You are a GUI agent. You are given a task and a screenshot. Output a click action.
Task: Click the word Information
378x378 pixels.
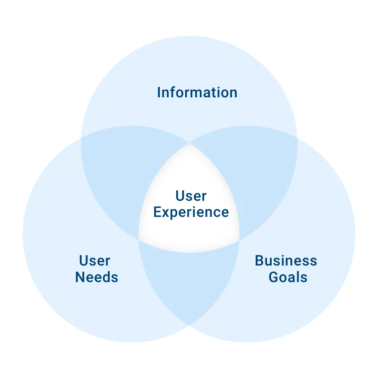tap(197, 92)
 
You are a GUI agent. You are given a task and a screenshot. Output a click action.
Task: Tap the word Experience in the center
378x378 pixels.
tap(191, 212)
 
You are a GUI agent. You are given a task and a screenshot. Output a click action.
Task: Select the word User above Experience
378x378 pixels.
tap(191, 196)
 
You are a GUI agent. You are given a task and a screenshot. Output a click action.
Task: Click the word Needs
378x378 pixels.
tap(96, 277)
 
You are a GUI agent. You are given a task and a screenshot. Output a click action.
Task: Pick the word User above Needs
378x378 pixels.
tap(94, 260)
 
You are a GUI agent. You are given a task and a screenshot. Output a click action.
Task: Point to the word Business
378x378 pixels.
tap(286, 260)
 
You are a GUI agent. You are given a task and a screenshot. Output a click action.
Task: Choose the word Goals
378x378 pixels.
tap(288, 277)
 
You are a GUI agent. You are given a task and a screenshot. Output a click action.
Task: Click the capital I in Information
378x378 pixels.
tap(159, 92)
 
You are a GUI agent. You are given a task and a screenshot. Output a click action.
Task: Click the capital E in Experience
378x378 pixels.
tap(157, 212)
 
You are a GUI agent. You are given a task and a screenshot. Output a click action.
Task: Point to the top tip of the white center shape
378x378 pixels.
tap(189, 142)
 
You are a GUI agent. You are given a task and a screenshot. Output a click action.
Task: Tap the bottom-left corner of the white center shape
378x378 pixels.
tap(138, 240)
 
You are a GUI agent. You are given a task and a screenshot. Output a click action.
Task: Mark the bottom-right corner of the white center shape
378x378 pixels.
tap(240, 240)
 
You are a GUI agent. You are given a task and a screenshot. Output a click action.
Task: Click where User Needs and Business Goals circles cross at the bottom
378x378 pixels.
tap(189, 325)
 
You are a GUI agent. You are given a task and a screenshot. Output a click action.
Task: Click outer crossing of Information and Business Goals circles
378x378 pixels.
tap(297, 137)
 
